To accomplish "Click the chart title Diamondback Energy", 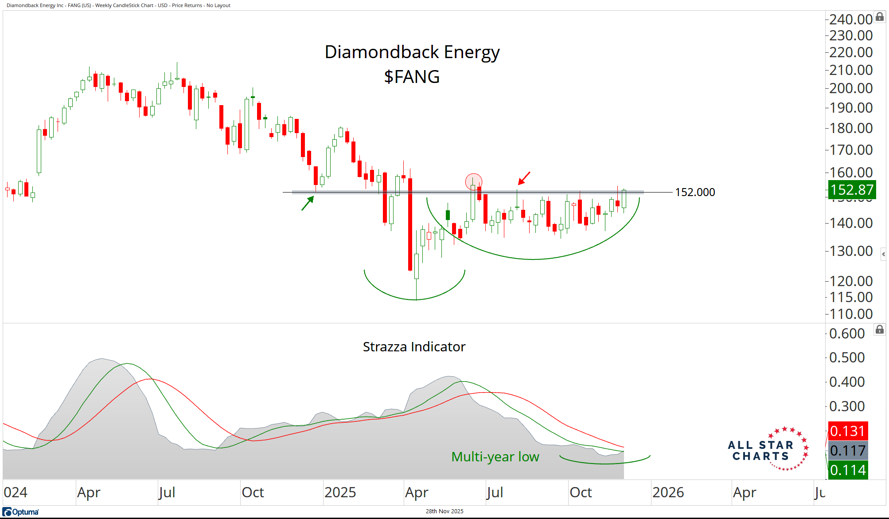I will coord(412,52).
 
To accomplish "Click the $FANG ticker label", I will coord(412,77).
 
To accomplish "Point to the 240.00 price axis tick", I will coord(850,20).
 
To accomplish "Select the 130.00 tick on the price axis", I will coord(850,251).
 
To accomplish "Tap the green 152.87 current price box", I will coord(852,190).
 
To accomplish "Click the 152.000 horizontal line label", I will coord(694,192).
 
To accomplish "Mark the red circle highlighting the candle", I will coord(473,181).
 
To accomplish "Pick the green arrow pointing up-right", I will coord(308,203).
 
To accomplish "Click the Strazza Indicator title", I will coord(414,346).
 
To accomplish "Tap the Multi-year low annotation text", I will coord(495,456).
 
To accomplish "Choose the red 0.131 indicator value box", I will coord(847,431).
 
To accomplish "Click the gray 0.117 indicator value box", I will coord(847,451).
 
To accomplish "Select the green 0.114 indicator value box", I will coord(847,470).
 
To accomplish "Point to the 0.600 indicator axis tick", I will coord(846,334).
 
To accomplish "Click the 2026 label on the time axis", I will coord(668,492).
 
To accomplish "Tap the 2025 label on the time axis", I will coord(340,492).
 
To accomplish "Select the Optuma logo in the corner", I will coord(21,512).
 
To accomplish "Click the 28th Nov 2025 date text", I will coord(444,511).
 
